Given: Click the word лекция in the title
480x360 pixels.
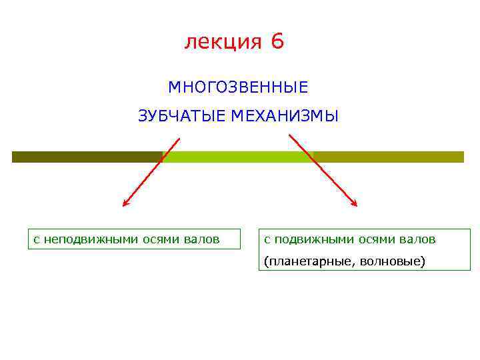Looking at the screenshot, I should [223, 42].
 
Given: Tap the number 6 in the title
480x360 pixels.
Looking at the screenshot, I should [277, 42].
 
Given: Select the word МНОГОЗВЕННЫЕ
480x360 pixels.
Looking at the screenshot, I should [238, 87].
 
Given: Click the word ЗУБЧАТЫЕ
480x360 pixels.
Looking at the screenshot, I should [183, 117].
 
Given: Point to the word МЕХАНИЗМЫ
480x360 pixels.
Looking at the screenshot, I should [285, 117].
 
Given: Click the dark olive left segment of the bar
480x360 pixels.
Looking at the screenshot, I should [87, 157].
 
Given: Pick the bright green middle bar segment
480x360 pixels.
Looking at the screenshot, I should [237, 157].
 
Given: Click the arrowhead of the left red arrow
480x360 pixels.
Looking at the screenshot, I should [125, 203].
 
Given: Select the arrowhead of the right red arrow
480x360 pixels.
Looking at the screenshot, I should [355, 203].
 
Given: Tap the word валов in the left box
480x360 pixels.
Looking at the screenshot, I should [201, 239].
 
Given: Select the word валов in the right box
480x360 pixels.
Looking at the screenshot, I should [418, 239].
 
